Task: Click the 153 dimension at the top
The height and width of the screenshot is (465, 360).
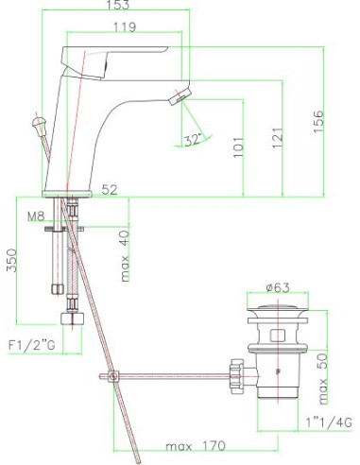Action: pos(118,5)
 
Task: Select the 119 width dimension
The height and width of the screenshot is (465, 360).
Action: pos(125,27)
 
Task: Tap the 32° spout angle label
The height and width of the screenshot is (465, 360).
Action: pos(193,140)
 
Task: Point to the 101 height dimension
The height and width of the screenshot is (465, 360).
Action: pos(238,147)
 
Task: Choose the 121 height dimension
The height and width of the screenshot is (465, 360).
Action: pos(278,138)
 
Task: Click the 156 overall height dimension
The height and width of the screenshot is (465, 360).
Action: pos(318,122)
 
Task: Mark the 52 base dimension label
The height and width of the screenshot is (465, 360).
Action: pos(110,190)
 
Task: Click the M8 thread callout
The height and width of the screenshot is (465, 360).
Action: pos(36,216)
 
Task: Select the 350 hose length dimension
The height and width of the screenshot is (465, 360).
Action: pos(11,260)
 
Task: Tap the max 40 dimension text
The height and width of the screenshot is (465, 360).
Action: pos(125,256)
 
